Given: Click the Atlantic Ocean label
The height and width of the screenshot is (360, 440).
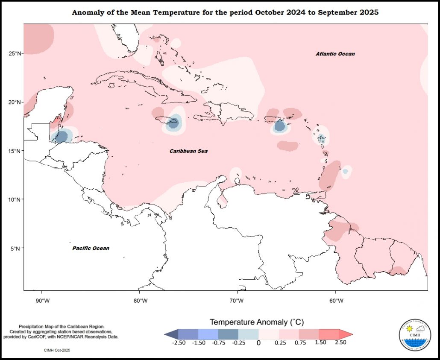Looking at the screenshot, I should [335, 54].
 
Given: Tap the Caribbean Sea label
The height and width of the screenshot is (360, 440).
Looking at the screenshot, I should [188, 151].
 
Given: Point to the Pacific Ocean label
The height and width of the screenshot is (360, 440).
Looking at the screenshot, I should [91, 248].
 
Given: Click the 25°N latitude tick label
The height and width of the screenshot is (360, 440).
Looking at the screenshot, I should [15, 53].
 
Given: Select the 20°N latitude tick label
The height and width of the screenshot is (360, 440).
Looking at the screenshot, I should [15, 102].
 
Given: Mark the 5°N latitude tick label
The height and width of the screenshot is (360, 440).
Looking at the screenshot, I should [16, 249].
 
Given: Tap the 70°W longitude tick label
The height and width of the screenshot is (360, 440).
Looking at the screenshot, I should [236, 301].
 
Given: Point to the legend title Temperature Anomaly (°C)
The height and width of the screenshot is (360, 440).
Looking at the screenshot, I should [256, 322].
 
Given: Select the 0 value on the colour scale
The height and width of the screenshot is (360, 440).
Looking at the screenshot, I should [258, 342].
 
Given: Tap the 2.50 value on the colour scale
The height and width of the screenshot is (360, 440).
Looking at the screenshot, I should [340, 342].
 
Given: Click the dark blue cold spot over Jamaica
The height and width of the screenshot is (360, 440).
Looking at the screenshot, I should [173, 123].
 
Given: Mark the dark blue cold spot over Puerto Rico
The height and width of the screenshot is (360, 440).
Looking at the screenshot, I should [280, 126].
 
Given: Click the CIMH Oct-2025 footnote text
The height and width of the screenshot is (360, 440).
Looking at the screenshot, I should [57, 350].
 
